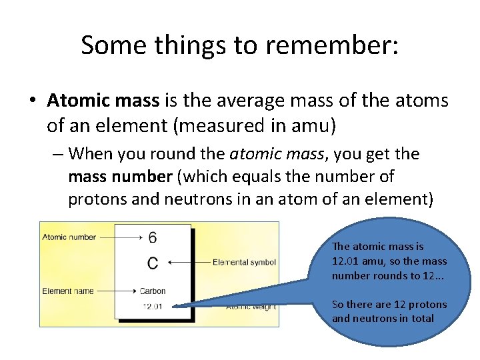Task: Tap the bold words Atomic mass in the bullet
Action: (x=103, y=101)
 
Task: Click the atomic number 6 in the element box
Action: (x=153, y=237)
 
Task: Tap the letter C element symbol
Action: (x=153, y=263)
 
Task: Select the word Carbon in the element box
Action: (x=153, y=291)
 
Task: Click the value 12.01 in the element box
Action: (x=153, y=306)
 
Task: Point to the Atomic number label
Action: (x=69, y=237)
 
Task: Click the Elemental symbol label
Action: (x=244, y=263)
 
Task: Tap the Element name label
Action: (x=68, y=291)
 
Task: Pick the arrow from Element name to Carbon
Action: (x=117, y=291)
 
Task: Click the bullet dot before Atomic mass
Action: (x=32, y=101)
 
